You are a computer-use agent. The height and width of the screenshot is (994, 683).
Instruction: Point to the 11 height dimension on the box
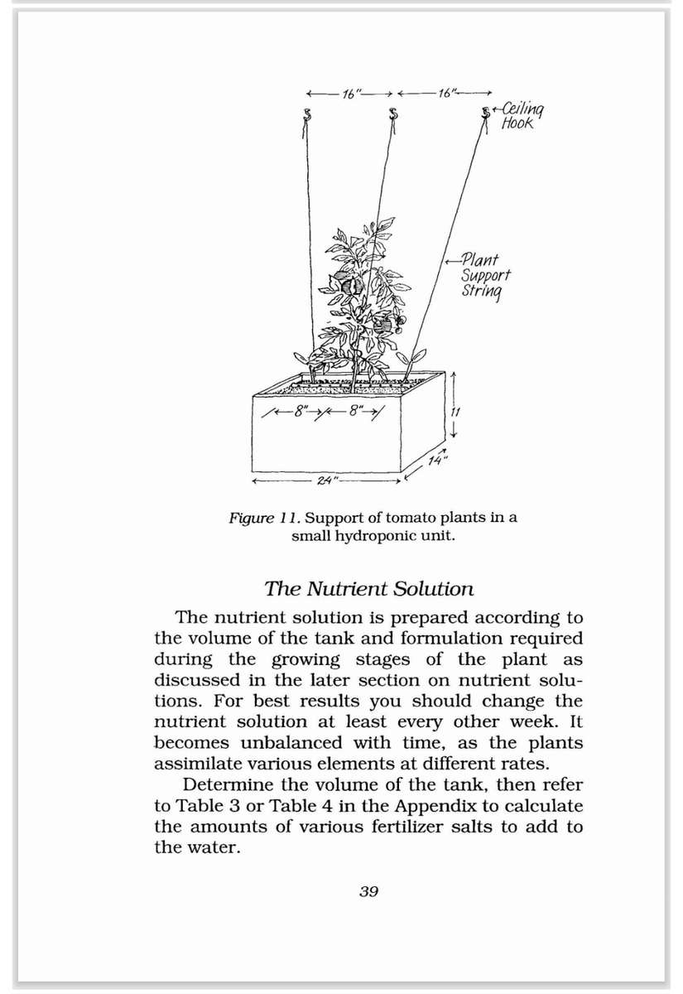455,412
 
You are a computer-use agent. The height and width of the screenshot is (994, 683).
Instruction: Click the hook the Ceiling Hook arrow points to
486,112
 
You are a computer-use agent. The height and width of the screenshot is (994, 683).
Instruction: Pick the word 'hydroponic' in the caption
383,535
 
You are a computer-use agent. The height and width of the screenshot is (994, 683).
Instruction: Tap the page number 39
369,891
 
